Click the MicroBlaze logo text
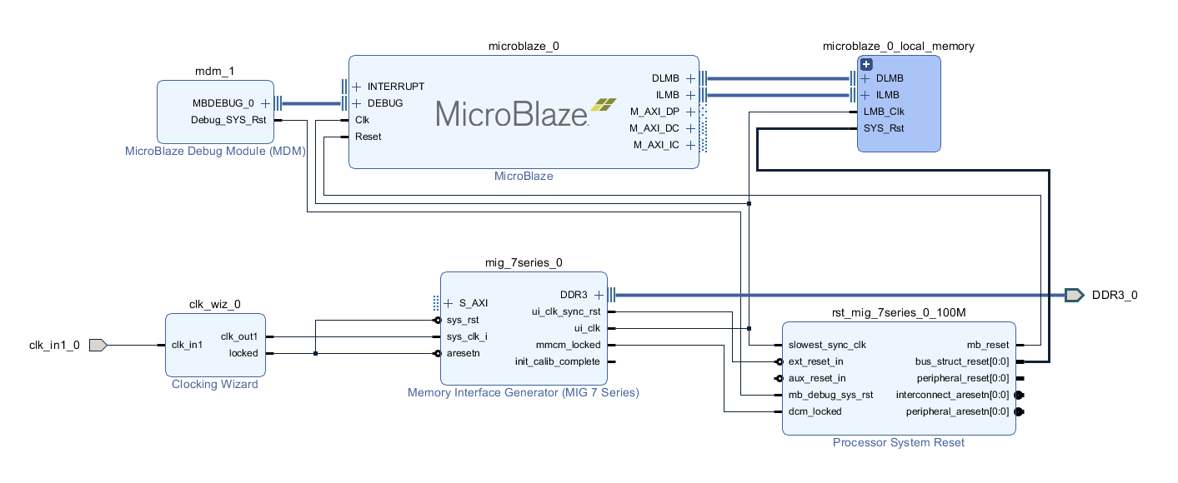click(x=511, y=112)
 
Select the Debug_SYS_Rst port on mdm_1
click(x=228, y=119)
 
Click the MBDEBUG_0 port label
click(x=223, y=103)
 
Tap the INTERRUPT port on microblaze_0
click(x=395, y=87)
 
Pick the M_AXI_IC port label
click(x=656, y=145)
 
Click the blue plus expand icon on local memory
click(x=866, y=64)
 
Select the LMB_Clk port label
click(x=884, y=112)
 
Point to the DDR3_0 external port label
click(x=1115, y=295)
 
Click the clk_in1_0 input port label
click(x=54, y=345)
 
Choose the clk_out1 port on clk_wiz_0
click(x=238, y=336)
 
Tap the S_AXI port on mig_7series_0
click(x=473, y=303)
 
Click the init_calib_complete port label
click(x=557, y=361)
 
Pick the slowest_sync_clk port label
click(x=828, y=345)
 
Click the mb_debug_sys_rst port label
click(x=831, y=395)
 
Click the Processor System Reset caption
click(x=898, y=442)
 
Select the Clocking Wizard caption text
click(x=214, y=384)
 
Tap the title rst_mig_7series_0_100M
click(x=898, y=313)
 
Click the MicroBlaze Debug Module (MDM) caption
click(x=215, y=151)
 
